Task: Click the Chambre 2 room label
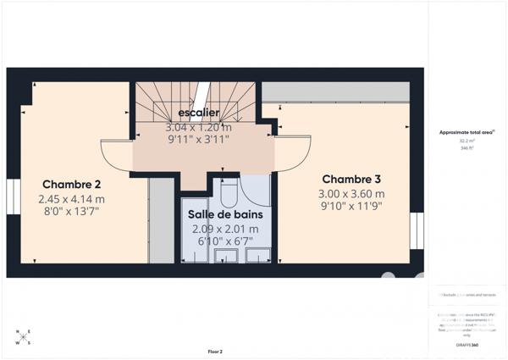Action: [72, 185]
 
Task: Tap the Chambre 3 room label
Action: [351, 179]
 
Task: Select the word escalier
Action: [199, 113]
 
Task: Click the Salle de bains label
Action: [225, 215]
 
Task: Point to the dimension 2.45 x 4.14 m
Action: [72, 199]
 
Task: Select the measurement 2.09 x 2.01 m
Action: [225, 229]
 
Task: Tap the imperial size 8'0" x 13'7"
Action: [72, 213]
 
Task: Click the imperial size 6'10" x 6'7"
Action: [225, 242]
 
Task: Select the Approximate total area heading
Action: [467, 133]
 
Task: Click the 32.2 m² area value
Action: [466, 141]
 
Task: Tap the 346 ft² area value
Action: [466, 148]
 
